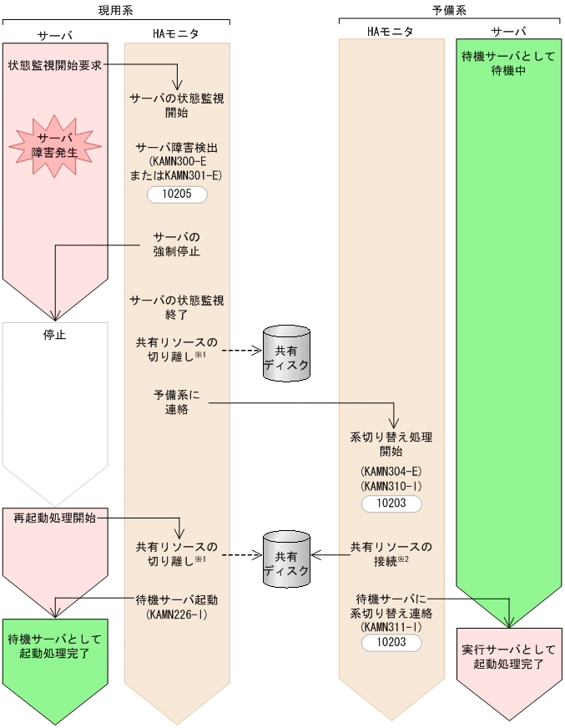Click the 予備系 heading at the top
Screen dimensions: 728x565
tap(448, 10)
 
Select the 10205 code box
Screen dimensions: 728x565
tap(176, 195)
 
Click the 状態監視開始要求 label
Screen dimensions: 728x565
tap(55, 65)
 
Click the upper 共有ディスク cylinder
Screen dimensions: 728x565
tap(286, 352)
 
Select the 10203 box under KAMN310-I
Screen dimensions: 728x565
tap(391, 504)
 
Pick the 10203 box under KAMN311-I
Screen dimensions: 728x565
tap(391, 641)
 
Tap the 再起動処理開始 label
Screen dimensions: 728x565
tap(55, 518)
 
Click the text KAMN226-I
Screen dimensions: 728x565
tap(177, 614)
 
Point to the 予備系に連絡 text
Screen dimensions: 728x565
tap(177, 402)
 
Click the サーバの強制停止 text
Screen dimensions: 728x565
tap(177, 243)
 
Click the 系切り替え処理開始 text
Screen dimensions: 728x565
tap(391, 443)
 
